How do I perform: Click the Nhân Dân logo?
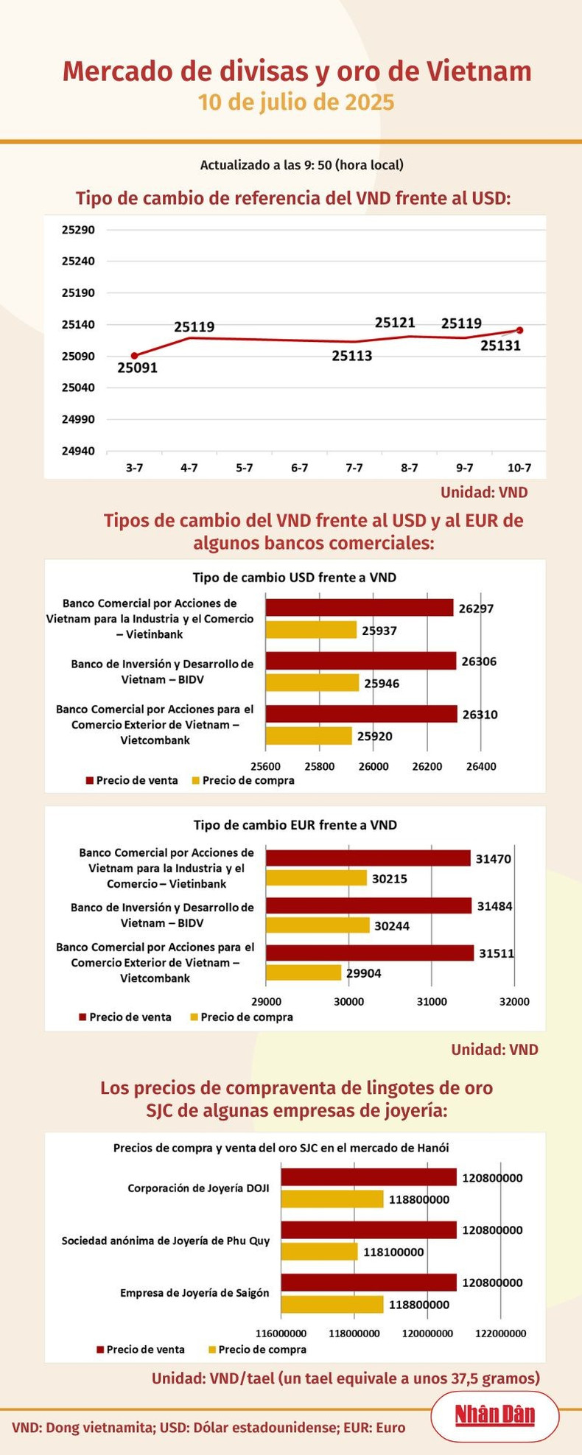pyautogui.click(x=494, y=1415)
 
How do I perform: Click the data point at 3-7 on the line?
pyautogui.click(x=134, y=356)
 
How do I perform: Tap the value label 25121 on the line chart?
pyautogui.click(x=395, y=323)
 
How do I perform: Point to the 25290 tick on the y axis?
pyautogui.click(x=78, y=230)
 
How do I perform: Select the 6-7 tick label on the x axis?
pyautogui.click(x=299, y=468)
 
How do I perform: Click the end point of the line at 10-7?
pyautogui.click(x=519, y=330)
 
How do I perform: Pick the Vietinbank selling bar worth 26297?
pyautogui.click(x=360, y=607)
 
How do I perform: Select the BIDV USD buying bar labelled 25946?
pyautogui.click(x=312, y=683)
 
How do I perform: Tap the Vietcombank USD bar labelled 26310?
pyautogui.click(x=361, y=714)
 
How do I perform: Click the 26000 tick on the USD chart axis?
pyautogui.click(x=374, y=766)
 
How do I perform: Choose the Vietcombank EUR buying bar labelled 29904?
pyautogui.click(x=304, y=973)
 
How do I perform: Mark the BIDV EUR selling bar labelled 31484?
pyautogui.click(x=368, y=905)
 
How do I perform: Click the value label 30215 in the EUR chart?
pyautogui.click(x=390, y=878)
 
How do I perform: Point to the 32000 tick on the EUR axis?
pyautogui.click(x=514, y=1002)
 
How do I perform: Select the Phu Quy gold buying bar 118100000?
pyautogui.click(x=319, y=1252)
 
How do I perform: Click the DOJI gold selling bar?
pyautogui.click(x=368, y=1177)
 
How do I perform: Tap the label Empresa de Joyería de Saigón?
pyautogui.click(x=194, y=1293)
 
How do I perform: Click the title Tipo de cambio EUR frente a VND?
pyautogui.click(x=295, y=825)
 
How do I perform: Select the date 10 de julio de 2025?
pyautogui.click(x=296, y=102)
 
